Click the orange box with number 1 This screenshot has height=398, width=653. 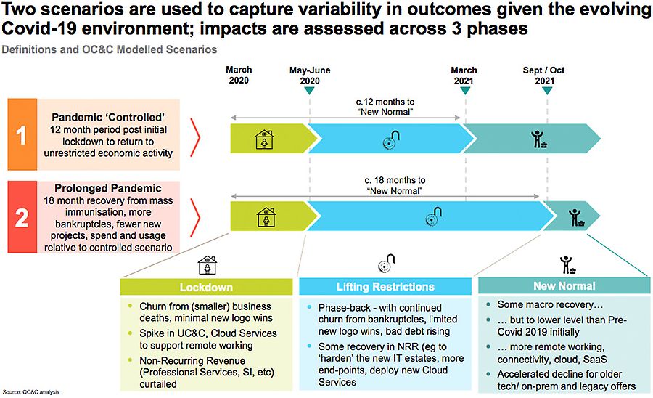pos(22,134)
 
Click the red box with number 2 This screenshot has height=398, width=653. pos(22,216)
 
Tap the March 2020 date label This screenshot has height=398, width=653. pos(239,75)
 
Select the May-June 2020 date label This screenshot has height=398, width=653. pos(310,76)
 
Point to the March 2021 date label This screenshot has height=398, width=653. pos(464,76)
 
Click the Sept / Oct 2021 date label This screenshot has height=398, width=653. pos(544,76)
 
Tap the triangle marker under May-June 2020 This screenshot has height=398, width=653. pos(309,91)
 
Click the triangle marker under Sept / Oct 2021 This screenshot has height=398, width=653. pos(547,91)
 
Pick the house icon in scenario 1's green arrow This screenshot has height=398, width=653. pos(264,139)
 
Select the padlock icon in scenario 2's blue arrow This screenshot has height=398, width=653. pos(433,216)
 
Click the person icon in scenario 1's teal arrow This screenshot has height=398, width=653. pos(539,139)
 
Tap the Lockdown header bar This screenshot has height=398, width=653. pos(206,287)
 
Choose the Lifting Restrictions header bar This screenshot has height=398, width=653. pos(385,287)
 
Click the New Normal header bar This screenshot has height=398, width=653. pos(564,286)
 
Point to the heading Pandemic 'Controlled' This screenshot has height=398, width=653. pos(108,117)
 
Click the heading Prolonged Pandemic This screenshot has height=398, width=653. pos(108,188)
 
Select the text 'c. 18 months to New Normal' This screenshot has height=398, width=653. pos(395,185)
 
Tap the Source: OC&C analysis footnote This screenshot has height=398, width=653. pos(30,392)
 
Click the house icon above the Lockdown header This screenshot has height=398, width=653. pos(207,265)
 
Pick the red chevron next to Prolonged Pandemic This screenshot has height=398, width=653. pos(195,218)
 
